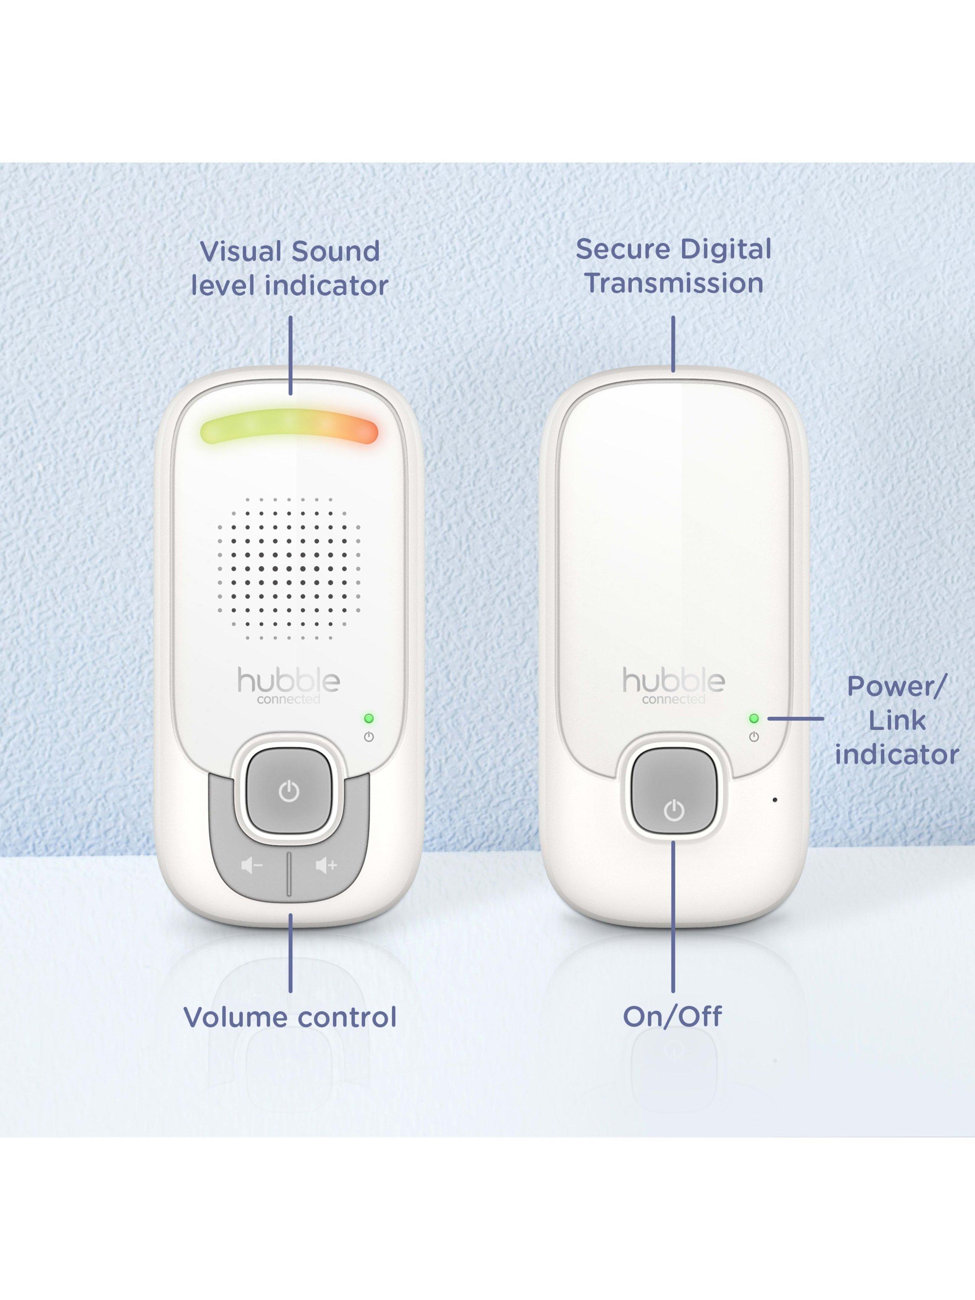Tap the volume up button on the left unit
(326, 865)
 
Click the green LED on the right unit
(754, 718)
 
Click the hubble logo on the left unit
(289, 685)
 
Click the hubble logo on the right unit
(673, 685)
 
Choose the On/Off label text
(673, 1017)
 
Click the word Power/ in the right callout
(897, 687)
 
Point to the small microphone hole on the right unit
(775, 800)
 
